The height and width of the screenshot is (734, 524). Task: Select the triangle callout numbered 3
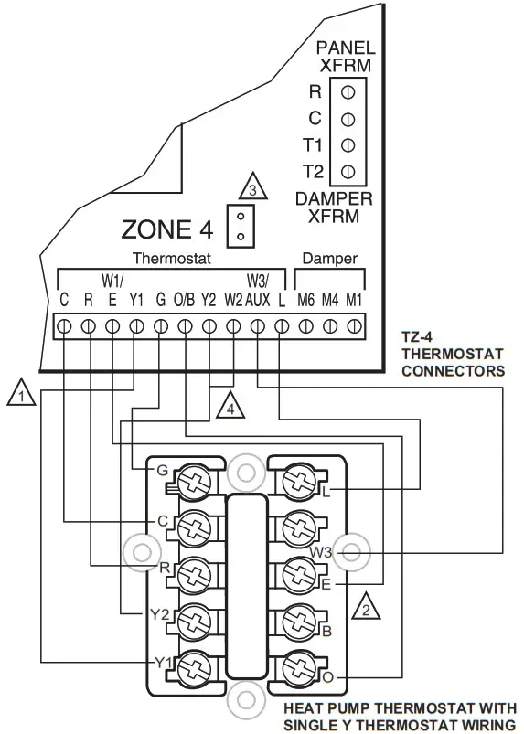253,189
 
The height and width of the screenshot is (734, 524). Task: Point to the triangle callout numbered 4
230,405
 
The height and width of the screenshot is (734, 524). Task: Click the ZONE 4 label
167,229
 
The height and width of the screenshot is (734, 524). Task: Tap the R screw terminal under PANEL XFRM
347,91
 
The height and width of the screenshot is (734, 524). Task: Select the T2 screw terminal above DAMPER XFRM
347,170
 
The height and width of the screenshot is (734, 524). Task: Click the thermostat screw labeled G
194,481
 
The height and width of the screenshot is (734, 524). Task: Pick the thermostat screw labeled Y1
194,665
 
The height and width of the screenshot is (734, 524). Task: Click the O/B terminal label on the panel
184,299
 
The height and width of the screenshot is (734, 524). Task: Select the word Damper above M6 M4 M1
329,259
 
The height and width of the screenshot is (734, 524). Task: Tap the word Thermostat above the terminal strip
172,259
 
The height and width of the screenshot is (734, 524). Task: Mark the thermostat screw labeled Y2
194,619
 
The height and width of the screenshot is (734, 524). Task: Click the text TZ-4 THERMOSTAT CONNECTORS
453,354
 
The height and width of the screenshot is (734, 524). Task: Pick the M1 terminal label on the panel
353,299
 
